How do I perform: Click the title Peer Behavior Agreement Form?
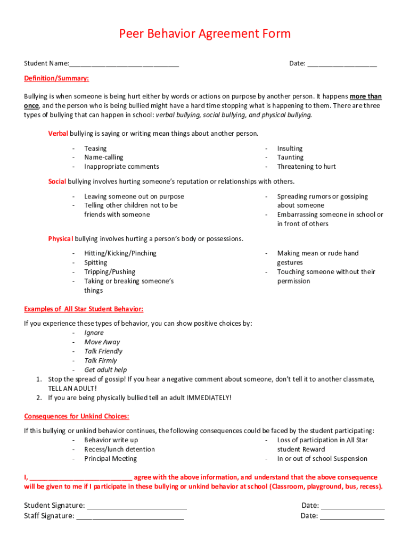pyautogui.click(x=204, y=34)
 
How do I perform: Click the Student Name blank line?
pyautogui.click(x=124, y=64)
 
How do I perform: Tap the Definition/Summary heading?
pyautogui.click(x=56, y=78)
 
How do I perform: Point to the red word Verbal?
pyautogui.click(x=58, y=133)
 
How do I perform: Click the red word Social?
pyautogui.click(x=57, y=181)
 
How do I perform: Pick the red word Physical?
pyautogui.click(x=60, y=238)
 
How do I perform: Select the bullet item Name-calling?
pyautogui.click(x=103, y=158)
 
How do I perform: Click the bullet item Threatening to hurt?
pyautogui.click(x=306, y=167)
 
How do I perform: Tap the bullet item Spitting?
pyautogui.click(x=95, y=262)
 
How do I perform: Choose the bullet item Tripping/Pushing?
pyautogui.click(x=110, y=272)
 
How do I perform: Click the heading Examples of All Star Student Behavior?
pyautogui.click(x=84, y=309)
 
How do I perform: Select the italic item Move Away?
pyautogui.click(x=102, y=342)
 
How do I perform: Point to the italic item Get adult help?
pyautogui.click(x=105, y=370)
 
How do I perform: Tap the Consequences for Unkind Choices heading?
pyautogui.click(x=77, y=416)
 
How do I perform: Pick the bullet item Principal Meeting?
pyautogui.click(x=110, y=459)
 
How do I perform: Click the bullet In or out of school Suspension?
pyautogui.click(x=322, y=459)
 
